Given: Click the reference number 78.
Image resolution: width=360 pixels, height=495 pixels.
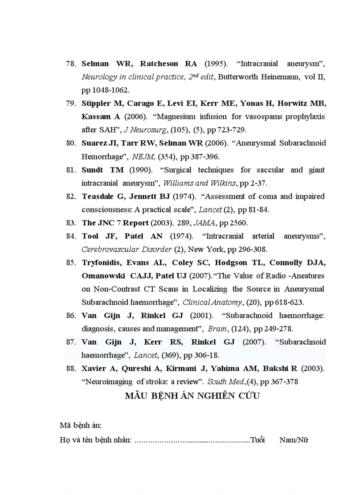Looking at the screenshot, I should point(71,63).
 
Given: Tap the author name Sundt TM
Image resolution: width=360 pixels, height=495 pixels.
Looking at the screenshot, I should point(102,170).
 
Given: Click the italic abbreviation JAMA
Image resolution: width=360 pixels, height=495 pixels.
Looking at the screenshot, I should point(202,223).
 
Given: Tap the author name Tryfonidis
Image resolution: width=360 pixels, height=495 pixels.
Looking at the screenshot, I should point(102,263).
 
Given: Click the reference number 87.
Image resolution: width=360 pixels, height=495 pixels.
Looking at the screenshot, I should point(71,342).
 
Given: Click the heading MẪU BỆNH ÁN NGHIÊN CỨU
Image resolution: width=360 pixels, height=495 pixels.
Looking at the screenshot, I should point(192,396).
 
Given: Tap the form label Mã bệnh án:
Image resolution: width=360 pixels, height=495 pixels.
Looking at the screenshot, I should point(81,425).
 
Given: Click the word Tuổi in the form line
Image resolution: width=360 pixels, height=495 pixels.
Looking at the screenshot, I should point(257,439).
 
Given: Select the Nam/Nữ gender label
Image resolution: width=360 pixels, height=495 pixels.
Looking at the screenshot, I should point(293,439).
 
